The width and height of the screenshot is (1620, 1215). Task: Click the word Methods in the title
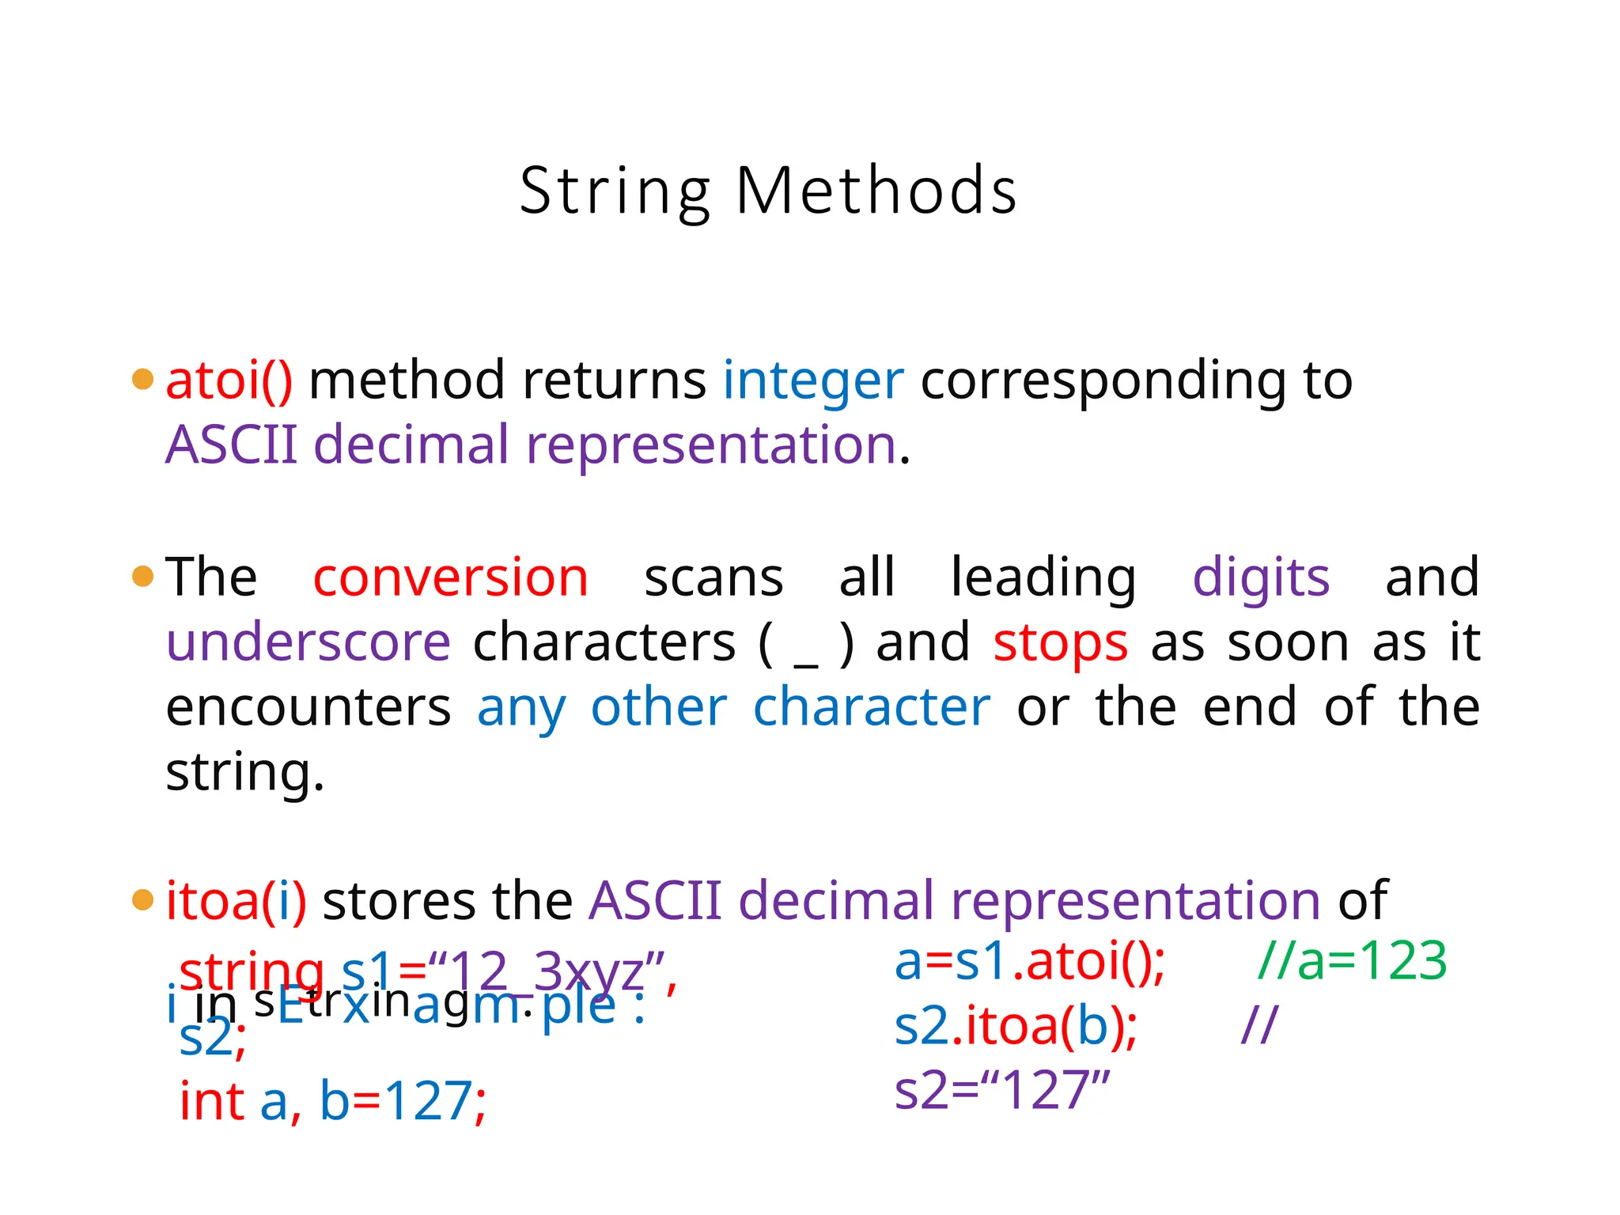click(x=876, y=191)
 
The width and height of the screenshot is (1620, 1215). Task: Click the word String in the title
click(x=615, y=191)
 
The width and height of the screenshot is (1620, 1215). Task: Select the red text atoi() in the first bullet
click(x=229, y=381)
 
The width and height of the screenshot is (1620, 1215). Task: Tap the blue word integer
click(x=812, y=381)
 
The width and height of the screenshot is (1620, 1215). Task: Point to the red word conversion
click(x=450, y=577)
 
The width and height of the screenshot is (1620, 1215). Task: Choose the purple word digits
click(x=1261, y=577)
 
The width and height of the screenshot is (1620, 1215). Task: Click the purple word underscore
click(x=308, y=642)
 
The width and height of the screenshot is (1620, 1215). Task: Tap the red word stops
click(x=1060, y=642)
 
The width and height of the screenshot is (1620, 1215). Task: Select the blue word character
click(x=871, y=707)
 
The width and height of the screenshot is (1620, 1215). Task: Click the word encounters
click(x=308, y=707)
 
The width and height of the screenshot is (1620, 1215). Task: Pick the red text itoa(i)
click(x=236, y=901)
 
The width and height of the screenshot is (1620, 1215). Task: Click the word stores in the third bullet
click(x=399, y=901)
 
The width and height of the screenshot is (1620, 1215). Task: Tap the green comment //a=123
click(x=1352, y=962)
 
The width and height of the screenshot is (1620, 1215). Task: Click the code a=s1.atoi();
click(x=1029, y=962)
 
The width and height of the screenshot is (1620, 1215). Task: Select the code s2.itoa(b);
click(x=1016, y=1026)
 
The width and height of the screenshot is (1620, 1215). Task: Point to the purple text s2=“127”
click(x=1002, y=1090)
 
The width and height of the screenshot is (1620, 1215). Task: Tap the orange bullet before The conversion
click(x=142, y=577)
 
